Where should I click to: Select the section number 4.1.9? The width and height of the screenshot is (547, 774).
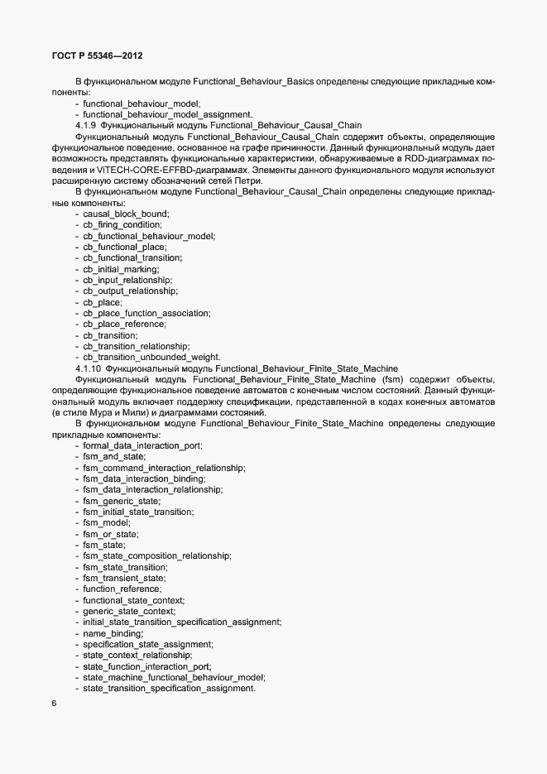pos(86,126)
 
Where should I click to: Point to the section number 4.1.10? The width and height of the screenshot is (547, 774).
pos(89,368)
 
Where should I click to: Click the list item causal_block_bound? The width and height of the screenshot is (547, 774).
pos(126,214)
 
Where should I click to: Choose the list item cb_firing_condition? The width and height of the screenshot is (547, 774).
pos(122,225)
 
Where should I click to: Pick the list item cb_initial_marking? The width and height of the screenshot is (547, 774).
pos(121,269)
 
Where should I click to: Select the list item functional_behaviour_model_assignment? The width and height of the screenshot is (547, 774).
pos(167,114)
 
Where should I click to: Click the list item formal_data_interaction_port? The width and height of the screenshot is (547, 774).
pos(142,445)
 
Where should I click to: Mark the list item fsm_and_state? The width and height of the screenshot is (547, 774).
pos(114,457)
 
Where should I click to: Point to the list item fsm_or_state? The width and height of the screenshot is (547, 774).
pos(110,534)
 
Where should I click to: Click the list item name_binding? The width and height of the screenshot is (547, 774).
pos(113,633)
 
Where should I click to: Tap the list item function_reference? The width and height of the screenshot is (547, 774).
pos(122,589)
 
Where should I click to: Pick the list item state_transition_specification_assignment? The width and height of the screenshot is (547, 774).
pos(169,689)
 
